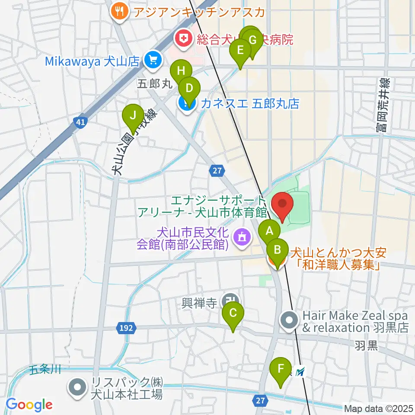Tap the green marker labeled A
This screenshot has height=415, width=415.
tap(269, 231)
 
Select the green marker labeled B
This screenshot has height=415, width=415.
tap(278, 250)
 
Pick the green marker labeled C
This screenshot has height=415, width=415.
tap(233, 313)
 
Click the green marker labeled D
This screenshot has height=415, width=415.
tap(189, 89)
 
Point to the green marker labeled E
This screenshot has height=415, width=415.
tap(240, 49)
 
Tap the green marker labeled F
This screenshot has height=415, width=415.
tap(281, 369)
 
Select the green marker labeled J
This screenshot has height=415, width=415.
tap(133, 115)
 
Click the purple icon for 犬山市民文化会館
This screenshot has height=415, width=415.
tap(240, 236)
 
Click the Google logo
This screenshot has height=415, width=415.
tap(29, 405)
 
